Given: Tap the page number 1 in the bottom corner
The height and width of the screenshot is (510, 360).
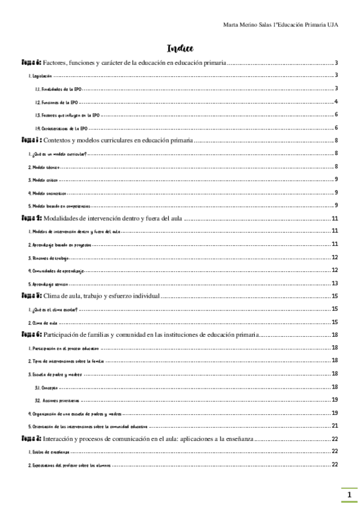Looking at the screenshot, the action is (349, 495).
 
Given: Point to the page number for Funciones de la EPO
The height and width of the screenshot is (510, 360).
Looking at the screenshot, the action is (337, 102).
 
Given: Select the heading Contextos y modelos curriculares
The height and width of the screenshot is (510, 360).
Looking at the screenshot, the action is (118, 141).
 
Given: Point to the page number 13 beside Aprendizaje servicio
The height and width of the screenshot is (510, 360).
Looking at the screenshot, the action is (336, 283).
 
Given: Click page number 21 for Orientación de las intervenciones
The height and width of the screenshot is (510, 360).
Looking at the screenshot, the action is (336, 426).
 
